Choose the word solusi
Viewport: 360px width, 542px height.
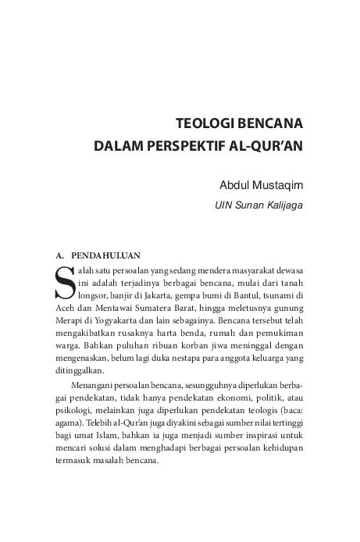click(x=105, y=447)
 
